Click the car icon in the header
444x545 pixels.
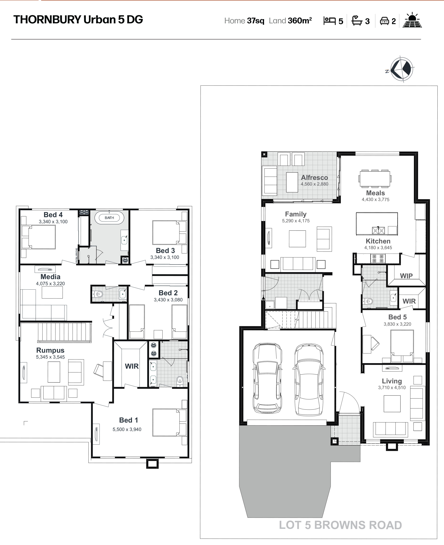pyautogui.click(x=384, y=21)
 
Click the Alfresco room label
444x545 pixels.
pyautogui.click(x=314, y=177)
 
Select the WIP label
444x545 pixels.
pyautogui.click(x=406, y=276)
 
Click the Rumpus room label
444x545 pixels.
pyautogui.click(x=50, y=350)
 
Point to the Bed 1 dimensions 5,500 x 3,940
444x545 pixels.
pyautogui.click(x=127, y=429)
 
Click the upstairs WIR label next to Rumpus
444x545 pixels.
pyautogui.click(x=132, y=366)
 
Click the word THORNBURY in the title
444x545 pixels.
pyautogui.click(x=47, y=19)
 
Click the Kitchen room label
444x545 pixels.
pyautogui.click(x=378, y=241)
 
